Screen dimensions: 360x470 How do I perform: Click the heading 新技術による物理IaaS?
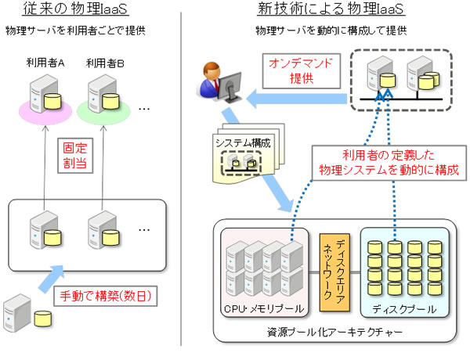(323, 10)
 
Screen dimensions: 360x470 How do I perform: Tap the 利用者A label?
(43, 62)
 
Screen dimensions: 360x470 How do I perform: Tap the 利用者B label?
(105, 62)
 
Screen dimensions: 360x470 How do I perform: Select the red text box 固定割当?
(76, 155)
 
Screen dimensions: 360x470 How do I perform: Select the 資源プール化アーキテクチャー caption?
(333, 333)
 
